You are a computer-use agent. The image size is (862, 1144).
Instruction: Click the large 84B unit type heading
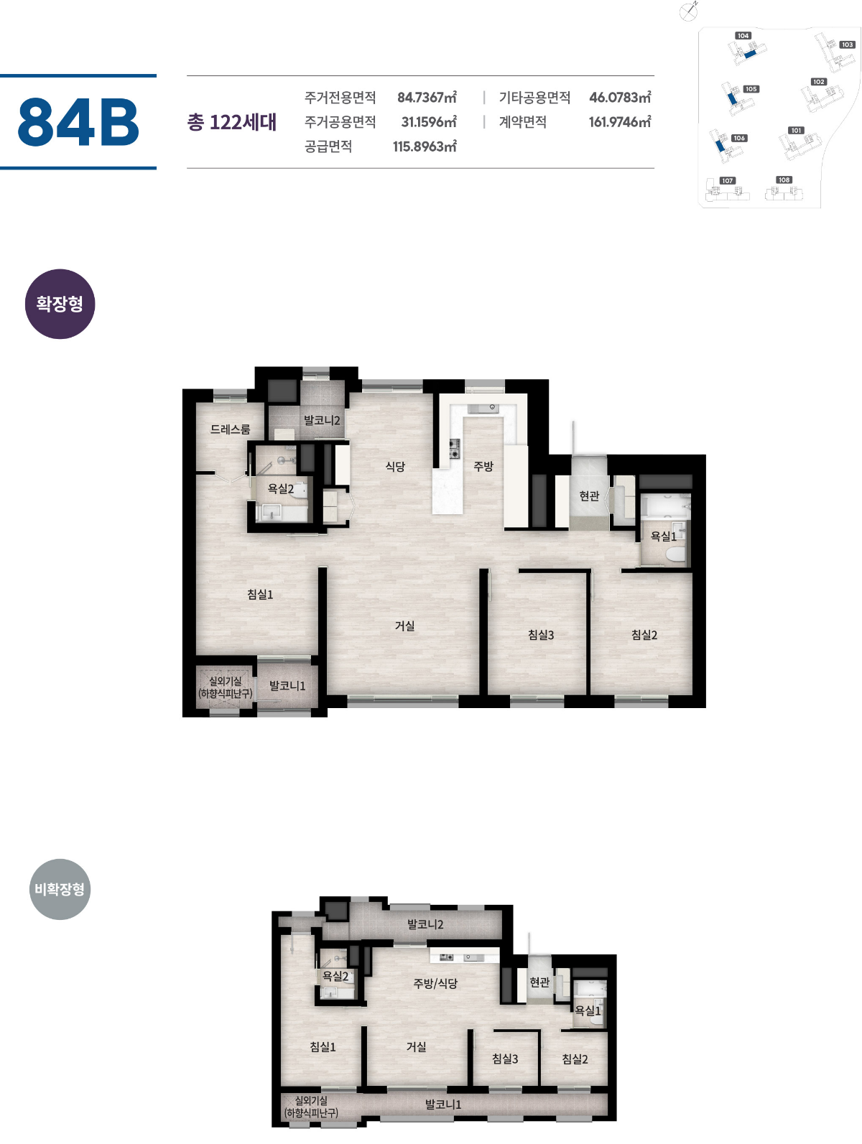coord(78,121)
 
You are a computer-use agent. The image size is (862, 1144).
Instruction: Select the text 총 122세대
coord(231,122)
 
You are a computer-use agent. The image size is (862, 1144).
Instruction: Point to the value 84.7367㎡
coord(426,97)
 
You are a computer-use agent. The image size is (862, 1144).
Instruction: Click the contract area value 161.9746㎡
coord(619,121)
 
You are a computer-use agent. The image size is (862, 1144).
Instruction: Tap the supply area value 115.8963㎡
coord(425,146)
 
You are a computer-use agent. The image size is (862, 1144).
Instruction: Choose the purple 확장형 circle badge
coord(60,304)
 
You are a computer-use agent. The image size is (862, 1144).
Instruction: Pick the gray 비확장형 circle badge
coord(60,888)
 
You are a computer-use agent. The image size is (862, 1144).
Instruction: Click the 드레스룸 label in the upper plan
coord(230,429)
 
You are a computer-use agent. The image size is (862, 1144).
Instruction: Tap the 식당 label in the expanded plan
coord(395,466)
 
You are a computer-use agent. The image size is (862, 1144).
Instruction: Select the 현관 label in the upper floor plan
coord(589,495)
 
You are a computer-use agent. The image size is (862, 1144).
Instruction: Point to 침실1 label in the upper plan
coord(259,594)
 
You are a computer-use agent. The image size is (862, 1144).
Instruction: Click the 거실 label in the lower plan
coord(416,1046)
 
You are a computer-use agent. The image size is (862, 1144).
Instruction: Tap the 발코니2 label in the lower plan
coord(425,924)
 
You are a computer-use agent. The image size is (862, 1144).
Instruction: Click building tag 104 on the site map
coord(743,35)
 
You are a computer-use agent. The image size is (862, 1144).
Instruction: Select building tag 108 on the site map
coord(784,180)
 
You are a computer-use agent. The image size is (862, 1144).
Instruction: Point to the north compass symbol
coord(688,11)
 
